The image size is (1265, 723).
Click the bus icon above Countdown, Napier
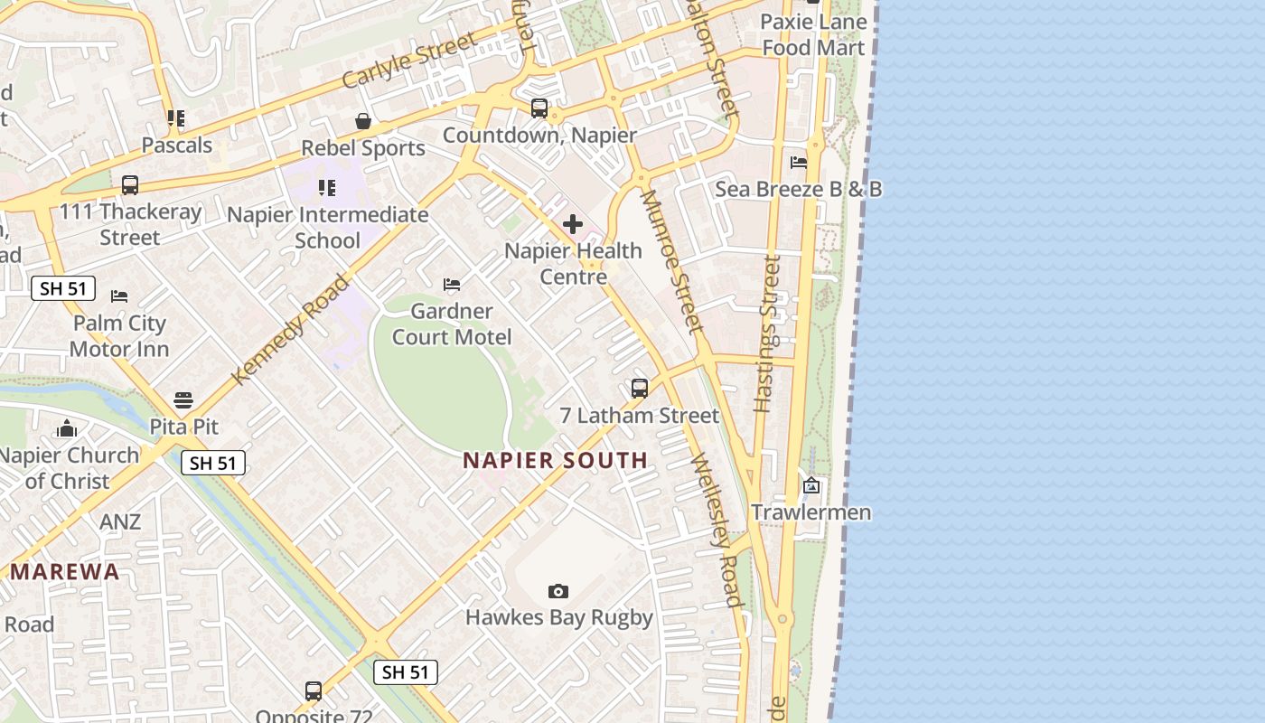click(539, 108)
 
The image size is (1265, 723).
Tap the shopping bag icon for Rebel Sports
click(363, 121)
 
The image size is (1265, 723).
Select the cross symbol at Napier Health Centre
click(573, 224)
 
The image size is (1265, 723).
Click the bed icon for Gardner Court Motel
click(452, 285)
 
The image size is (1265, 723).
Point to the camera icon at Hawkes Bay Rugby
click(558, 591)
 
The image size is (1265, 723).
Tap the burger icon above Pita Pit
click(183, 399)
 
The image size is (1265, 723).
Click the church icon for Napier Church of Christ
click(67, 428)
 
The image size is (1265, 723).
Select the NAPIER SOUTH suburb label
click(555, 460)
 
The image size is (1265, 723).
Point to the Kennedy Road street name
click(290, 329)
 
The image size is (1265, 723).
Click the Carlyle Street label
click(409, 61)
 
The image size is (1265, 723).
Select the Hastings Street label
click(767, 333)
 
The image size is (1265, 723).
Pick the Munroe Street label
click(671, 260)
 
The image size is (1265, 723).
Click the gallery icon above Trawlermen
click(811, 485)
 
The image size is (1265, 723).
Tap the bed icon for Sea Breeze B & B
click(799, 163)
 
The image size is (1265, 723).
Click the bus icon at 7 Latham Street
click(640, 389)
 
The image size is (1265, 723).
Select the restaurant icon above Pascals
click(176, 118)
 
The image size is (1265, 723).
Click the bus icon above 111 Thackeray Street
click(130, 185)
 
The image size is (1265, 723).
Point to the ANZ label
click(120, 521)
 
